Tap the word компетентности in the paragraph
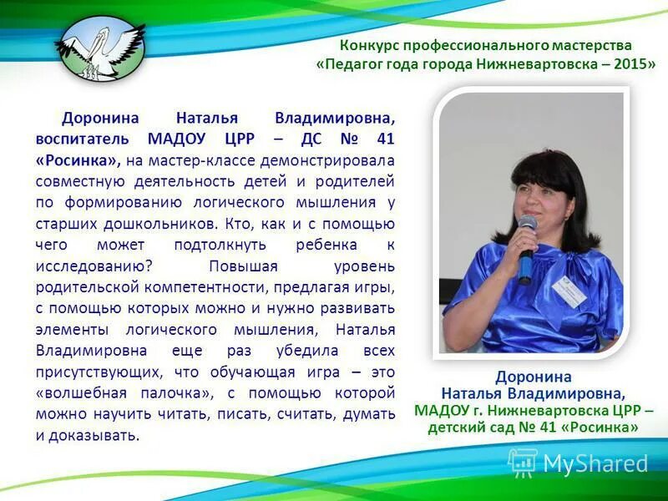[207, 287]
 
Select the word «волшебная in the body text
[80, 392]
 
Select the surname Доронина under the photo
[533, 377]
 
